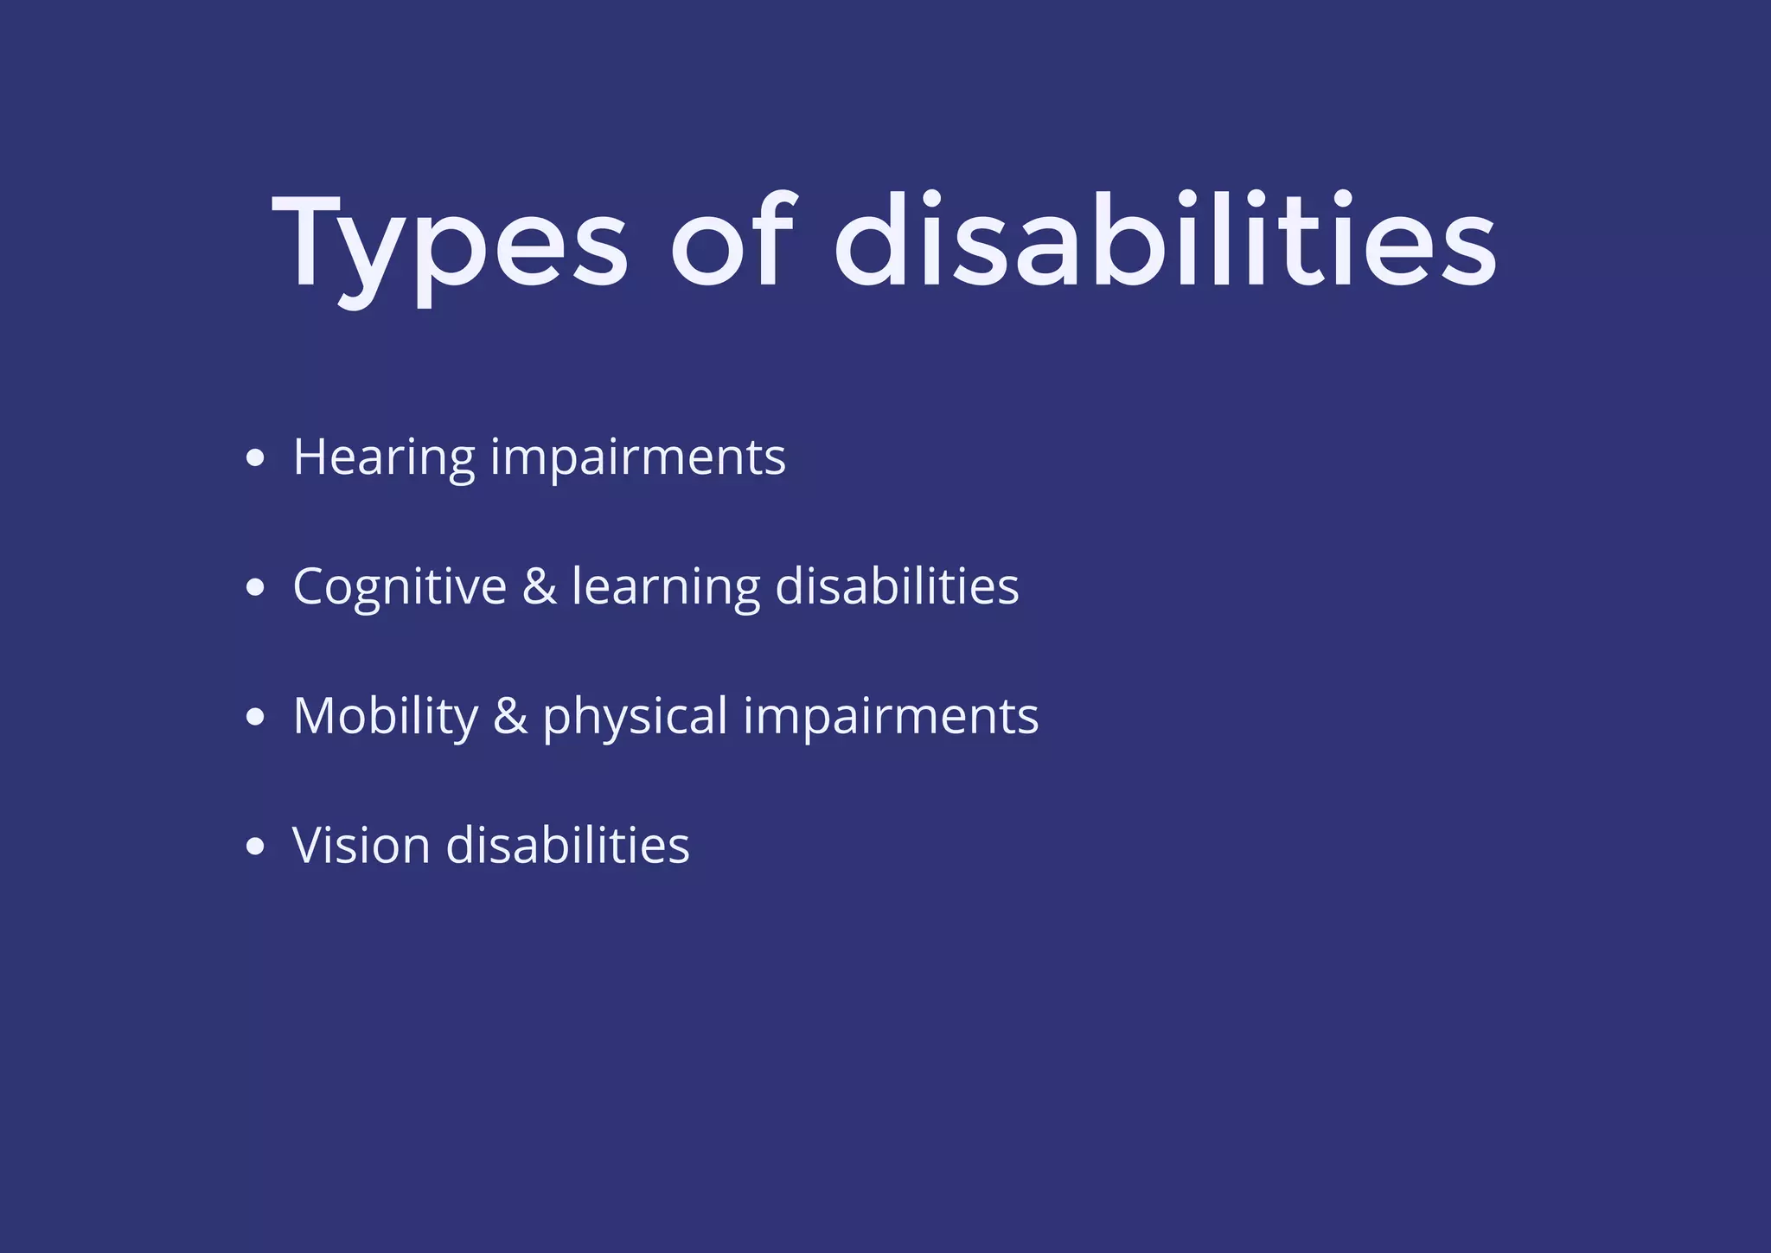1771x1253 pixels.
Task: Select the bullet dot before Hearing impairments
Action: (x=254, y=458)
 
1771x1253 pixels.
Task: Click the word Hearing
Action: (x=384, y=458)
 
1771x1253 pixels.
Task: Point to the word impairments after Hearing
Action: (x=638, y=458)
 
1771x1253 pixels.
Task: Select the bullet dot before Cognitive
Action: (x=254, y=588)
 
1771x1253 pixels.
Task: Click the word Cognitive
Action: (x=400, y=588)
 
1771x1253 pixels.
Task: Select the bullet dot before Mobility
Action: (x=254, y=717)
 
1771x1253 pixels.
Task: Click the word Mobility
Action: (x=386, y=718)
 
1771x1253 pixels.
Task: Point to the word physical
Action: (x=636, y=718)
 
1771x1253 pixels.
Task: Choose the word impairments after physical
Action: (x=891, y=718)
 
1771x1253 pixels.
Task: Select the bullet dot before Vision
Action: (x=254, y=847)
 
